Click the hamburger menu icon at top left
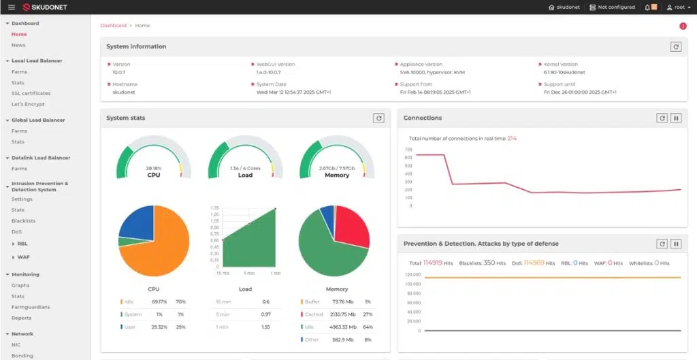(11, 7)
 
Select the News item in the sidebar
(18, 45)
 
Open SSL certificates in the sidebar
(31, 93)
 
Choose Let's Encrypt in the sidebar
(28, 104)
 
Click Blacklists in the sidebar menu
(23, 220)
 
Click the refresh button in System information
(675, 47)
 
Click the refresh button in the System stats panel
(378, 118)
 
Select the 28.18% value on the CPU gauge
(153, 167)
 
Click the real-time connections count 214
(512, 138)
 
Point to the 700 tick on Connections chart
(408, 149)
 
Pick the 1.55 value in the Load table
(265, 327)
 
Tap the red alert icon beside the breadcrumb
(683, 26)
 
